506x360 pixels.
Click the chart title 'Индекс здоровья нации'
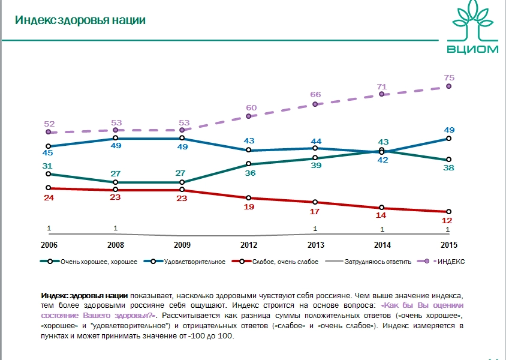pyautogui.click(x=80, y=20)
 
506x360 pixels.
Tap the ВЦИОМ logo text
pyautogui.click(x=473, y=49)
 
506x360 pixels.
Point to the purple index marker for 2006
pyautogui.click(x=48, y=132)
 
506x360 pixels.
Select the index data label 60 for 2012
pyautogui.click(x=251, y=108)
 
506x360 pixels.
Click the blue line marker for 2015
pyautogui.click(x=448, y=139)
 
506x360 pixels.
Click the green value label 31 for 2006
pyautogui.click(x=48, y=166)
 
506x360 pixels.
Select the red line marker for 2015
pyautogui.click(x=448, y=212)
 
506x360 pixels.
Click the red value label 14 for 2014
pyautogui.click(x=381, y=216)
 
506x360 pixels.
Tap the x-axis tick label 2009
pyautogui.click(x=181, y=245)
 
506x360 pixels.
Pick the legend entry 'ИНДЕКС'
pyautogui.click(x=451, y=262)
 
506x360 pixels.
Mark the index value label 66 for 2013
pyautogui.click(x=315, y=95)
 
